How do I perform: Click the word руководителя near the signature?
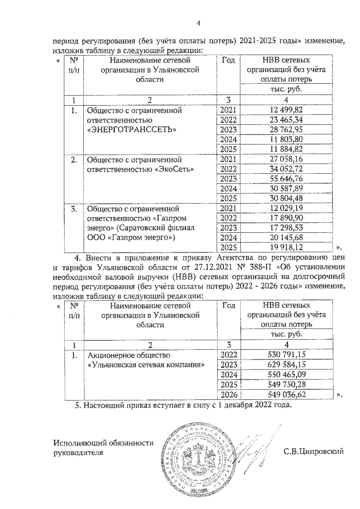78,452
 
